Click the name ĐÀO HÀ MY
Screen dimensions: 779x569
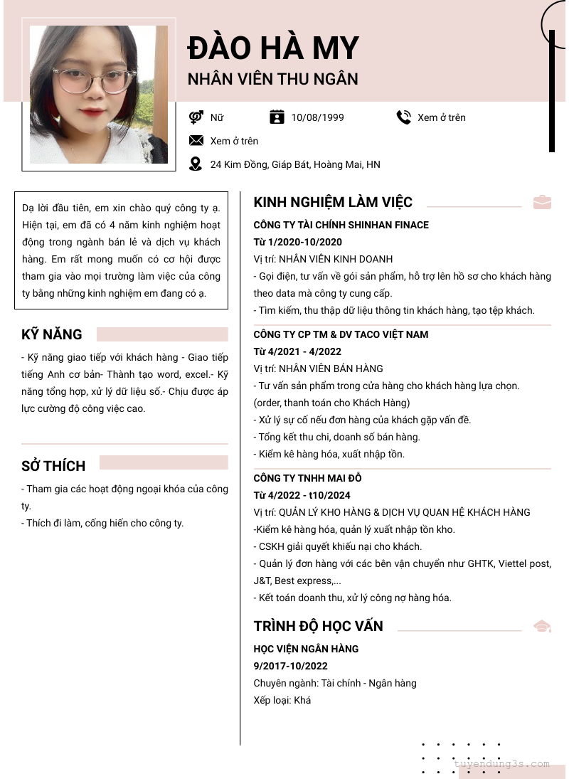point(273,48)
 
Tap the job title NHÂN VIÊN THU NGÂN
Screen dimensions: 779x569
point(272,79)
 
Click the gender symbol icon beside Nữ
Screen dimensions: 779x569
point(196,117)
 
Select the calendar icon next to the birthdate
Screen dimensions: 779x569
point(277,117)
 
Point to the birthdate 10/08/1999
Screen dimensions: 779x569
point(317,117)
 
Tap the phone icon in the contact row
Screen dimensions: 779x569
point(404,117)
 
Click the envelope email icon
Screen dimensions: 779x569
point(196,141)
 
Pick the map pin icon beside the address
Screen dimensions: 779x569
point(196,164)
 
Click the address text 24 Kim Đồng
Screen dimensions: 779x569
point(295,165)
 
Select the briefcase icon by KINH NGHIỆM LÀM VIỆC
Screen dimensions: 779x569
point(542,202)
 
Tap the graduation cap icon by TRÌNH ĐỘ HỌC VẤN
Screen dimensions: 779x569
point(542,626)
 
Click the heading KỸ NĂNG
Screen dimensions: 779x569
point(52,334)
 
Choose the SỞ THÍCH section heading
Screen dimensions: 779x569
point(53,466)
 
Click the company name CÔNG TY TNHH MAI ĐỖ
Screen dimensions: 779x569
point(308,478)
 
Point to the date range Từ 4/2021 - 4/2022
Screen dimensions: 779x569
point(297,351)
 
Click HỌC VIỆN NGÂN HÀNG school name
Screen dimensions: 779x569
point(306,649)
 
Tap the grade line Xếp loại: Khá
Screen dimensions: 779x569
point(282,700)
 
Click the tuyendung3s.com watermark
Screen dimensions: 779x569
point(501,764)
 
